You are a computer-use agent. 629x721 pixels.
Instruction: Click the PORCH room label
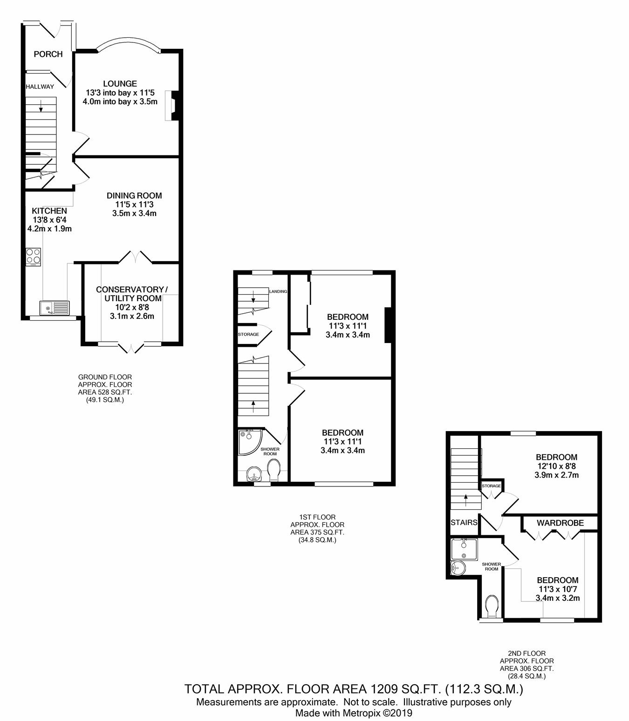point(48,54)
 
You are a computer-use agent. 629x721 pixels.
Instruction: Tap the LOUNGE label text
point(120,83)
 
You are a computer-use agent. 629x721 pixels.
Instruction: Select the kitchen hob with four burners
point(34,257)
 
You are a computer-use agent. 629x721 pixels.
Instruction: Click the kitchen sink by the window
point(55,308)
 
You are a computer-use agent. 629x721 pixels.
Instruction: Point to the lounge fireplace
point(172,105)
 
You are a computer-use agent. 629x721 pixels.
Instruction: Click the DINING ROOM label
point(134,195)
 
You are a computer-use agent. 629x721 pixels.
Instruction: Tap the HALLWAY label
point(40,87)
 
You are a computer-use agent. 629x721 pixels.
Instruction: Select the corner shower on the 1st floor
point(250,442)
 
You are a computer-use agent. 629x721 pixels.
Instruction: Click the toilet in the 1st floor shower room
point(274,471)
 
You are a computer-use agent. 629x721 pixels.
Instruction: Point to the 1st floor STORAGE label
point(248,334)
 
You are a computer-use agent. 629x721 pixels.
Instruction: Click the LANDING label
point(278,291)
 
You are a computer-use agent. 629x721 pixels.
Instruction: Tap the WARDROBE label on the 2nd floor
point(560,523)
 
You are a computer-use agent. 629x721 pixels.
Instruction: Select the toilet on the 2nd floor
point(492,606)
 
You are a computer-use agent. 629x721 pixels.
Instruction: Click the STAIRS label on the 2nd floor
point(464,522)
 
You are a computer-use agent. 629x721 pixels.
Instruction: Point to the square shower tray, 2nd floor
point(464,549)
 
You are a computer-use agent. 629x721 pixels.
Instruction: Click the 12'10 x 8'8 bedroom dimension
point(557,466)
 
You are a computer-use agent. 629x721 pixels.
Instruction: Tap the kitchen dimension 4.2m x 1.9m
point(49,229)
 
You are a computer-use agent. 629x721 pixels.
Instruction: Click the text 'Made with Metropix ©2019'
point(354,713)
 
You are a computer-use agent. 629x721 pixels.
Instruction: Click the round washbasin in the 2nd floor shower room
point(458,568)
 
